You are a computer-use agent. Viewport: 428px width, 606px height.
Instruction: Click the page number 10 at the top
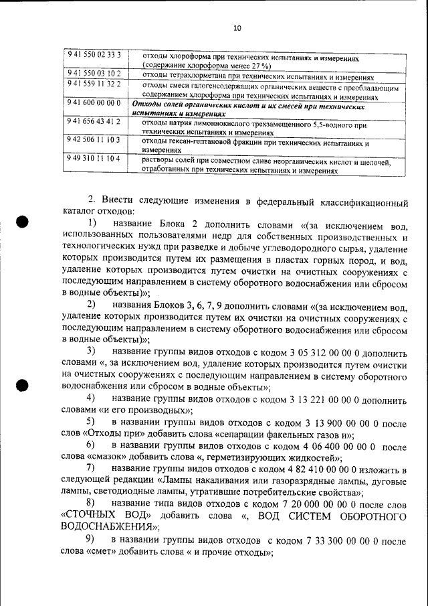(237, 28)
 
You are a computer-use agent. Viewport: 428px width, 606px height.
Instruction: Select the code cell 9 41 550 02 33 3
(93, 54)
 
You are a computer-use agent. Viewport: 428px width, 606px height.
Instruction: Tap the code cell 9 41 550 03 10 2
(93, 73)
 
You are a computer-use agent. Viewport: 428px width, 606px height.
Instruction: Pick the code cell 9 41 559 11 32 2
(93, 83)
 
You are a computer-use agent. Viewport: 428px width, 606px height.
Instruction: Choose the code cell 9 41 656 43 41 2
(93, 121)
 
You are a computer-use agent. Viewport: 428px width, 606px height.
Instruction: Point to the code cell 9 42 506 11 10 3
(93, 141)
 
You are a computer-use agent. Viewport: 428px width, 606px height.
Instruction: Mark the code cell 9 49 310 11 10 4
(93, 159)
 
